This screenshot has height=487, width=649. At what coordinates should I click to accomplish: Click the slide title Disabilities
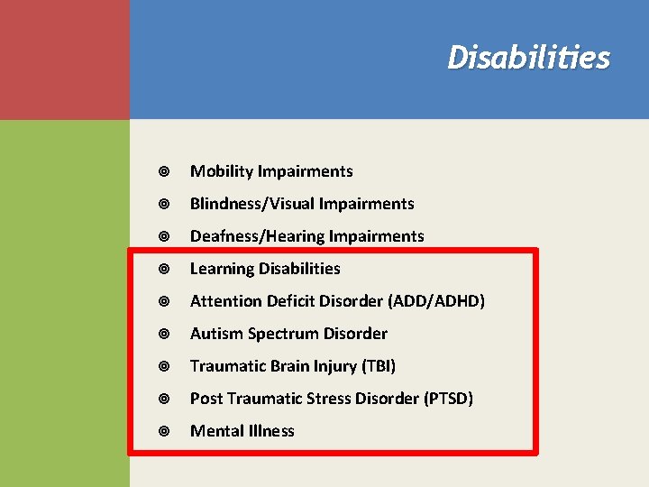tap(528, 58)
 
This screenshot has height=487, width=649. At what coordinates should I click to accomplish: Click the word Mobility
tap(222, 171)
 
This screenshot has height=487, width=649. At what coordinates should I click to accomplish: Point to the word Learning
tap(222, 269)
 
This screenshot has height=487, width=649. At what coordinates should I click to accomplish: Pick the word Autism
tap(215, 334)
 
